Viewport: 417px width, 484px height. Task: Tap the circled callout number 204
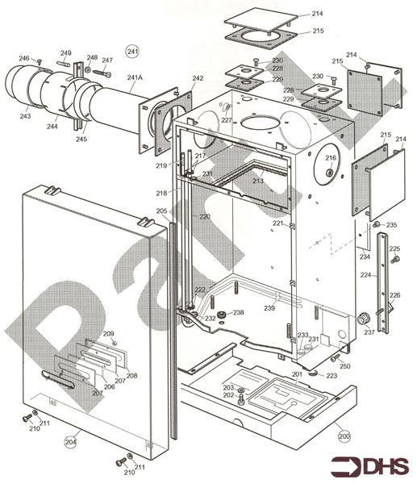pos(71,441)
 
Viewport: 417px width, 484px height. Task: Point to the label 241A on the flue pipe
pos(135,77)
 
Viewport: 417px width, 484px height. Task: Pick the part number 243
pos(27,117)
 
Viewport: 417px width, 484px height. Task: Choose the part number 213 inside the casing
pos(257,181)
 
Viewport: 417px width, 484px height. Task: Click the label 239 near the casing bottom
pos(270,308)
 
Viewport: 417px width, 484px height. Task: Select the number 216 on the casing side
pos(331,158)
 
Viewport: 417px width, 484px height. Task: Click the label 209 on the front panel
pos(108,334)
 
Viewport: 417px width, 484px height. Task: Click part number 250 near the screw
pos(345,367)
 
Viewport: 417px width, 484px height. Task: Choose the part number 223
pos(332,376)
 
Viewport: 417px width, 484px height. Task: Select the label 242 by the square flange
pos(198,78)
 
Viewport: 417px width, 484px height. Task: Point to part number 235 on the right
pos(391,225)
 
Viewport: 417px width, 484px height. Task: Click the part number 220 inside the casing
pos(205,217)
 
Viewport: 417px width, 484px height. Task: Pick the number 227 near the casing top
pos(227,120)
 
